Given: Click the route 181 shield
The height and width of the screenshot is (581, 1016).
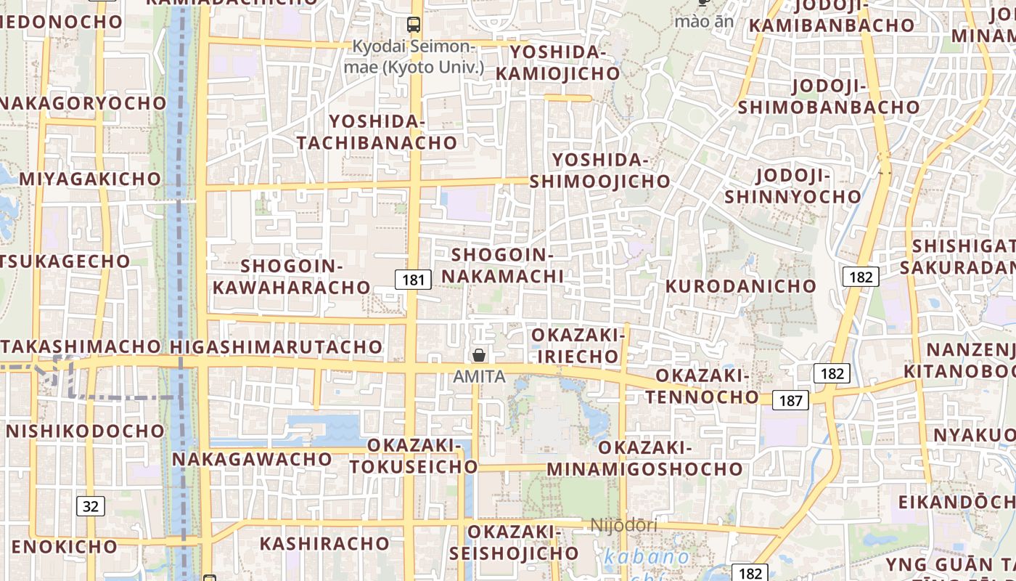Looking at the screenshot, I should pyautogui.click(x=413, y=279).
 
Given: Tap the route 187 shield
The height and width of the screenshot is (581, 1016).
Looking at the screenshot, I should pyautogui.click(x=790, y=400).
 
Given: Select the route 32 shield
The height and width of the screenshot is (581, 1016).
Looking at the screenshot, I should pyautogui.click(x=90, y=505).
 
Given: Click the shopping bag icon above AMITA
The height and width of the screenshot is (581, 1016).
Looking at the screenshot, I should pyautogui.click(x=479, y=355).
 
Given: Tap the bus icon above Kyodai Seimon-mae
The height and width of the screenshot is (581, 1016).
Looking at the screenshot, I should pyautogui.click(x=414, y=25).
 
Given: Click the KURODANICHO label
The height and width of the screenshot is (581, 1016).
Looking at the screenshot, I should pyautogui.click(x=741, y=286).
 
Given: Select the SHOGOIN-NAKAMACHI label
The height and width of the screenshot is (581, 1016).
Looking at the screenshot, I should pyautogui.click(x=503, y=266).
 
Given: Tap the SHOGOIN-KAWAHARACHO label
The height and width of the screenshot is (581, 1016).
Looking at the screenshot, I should pyautogui.click(x=292, y=277).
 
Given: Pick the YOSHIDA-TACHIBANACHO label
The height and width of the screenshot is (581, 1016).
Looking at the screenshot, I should pyautogui.click(x=377, y=131).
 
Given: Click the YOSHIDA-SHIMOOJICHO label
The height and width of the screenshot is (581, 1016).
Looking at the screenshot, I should pyautogui.click(x=599, y=171).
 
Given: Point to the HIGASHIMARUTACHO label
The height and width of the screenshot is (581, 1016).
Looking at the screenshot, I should pyautogui.click(x=287, y=346).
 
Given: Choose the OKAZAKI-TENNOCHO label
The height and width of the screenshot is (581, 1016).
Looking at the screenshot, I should pyautogui.click(x=702, y=386).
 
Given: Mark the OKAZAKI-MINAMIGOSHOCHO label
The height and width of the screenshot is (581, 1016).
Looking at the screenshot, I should pyautogui.click(x=644, y=458).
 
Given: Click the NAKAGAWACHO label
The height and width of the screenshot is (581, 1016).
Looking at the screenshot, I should pyautogui.click(x=252, y=459).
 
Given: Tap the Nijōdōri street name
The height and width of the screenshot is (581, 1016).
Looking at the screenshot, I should pyautogui.click(x=623, y=525).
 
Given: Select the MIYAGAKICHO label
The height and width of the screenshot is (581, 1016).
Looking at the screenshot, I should pyautogui.click(x=90, y=179).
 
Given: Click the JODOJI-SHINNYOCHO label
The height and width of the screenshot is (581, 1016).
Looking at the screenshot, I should pyautogui.click(x=792, y=186).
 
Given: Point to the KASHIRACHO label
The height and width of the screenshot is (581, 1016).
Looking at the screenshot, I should pyautogui.click(x=324, y=543).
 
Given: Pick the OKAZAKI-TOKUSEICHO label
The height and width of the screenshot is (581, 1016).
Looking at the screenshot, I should pyautogui.click(x=414, y=455).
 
